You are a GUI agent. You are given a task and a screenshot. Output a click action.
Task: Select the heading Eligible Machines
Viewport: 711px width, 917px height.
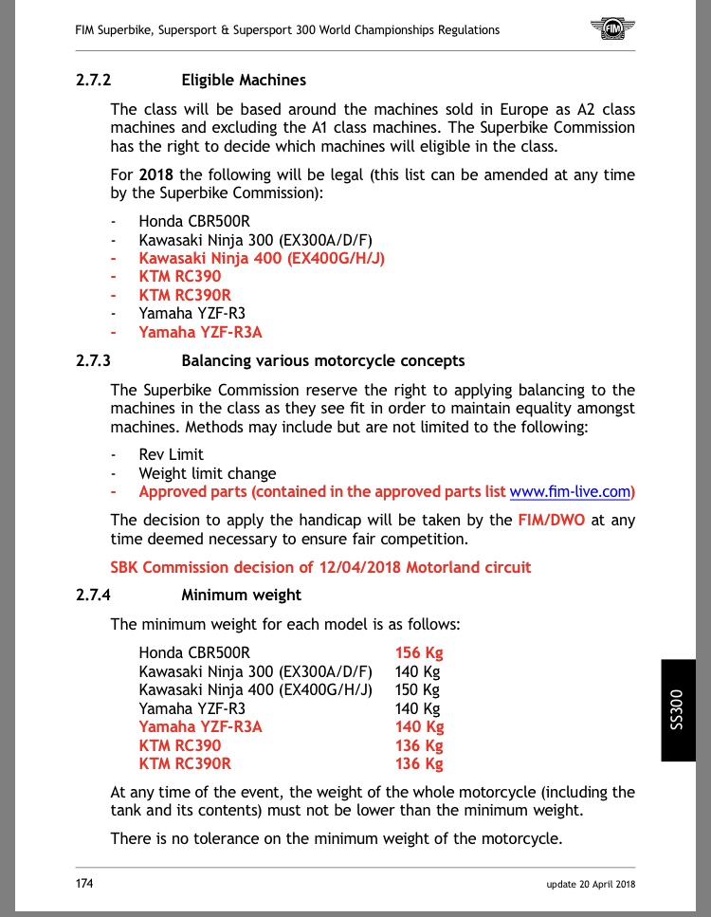[x=244, y=81]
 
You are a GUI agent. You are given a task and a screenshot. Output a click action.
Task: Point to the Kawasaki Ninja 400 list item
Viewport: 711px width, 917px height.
[x=262, y=257]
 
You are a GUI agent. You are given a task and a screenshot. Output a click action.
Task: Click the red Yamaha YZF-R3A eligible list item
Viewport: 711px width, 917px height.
[x=200, y=332]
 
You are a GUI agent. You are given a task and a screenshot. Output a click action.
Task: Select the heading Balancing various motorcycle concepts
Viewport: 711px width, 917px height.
[x=323, y=360]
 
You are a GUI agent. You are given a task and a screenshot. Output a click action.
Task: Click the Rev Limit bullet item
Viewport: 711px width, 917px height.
[x=171, y=454]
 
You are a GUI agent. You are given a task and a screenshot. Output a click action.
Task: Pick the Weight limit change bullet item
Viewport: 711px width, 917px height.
[x=208, y=473]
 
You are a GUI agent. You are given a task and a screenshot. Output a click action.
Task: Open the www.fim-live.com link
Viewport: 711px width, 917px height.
[x=570, y=492]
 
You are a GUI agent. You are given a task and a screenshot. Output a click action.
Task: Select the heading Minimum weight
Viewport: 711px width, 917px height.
[x=241, y=596]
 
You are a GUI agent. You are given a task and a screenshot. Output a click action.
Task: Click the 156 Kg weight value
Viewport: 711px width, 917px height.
[x=419, y=652]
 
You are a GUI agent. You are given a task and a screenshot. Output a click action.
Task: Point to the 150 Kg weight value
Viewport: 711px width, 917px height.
[x=417, y=689]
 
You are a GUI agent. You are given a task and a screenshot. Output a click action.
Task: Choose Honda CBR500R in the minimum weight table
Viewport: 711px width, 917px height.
[x=194, y=652]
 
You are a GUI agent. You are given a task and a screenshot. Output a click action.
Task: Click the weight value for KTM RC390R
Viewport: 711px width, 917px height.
[x=419, y=763]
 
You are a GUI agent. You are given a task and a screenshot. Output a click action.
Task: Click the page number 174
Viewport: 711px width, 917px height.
[x=85, y=883]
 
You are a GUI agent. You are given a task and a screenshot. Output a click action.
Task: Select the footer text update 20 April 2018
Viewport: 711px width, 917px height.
[x=590, y=884]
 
